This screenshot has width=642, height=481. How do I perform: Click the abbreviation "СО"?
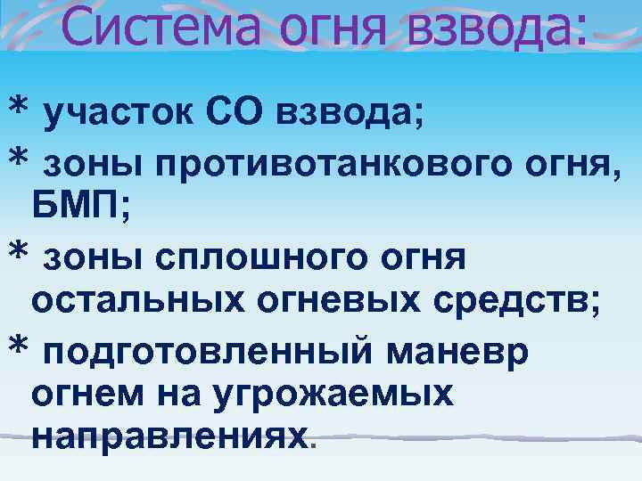pos(243,113)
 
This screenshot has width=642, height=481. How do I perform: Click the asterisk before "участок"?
pos(17,109)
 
